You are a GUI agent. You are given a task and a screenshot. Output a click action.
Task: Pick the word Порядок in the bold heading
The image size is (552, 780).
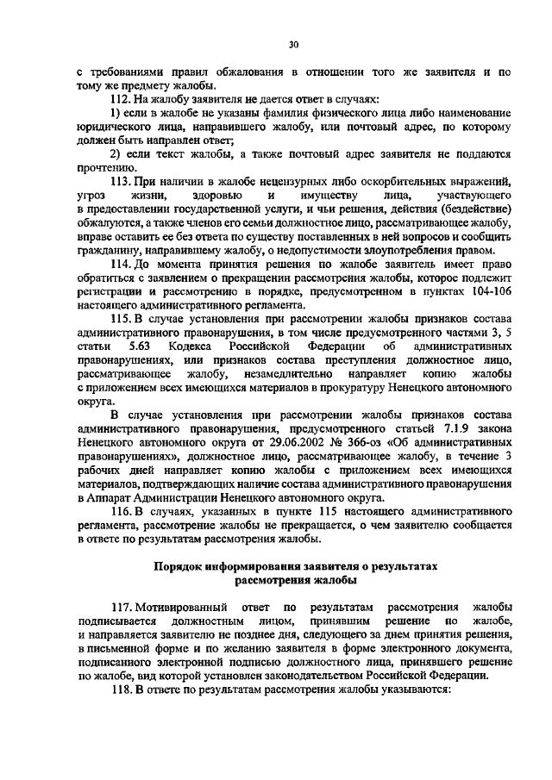(x=179, y=567)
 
